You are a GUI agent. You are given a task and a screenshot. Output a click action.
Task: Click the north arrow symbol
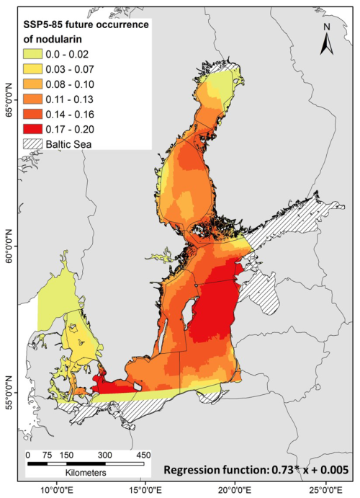(x=326, y=44)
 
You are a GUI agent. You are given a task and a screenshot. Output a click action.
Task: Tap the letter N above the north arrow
(x=327, y=27)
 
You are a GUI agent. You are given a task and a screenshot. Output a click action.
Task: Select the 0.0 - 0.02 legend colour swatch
(x=32, y=54)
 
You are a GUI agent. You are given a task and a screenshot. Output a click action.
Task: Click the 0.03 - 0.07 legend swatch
(x=32, y=69)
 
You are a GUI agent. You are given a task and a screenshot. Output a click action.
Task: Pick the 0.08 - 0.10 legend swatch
(x=32, y=84)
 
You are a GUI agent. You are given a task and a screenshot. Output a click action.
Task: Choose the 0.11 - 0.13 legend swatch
(x=32, y=99)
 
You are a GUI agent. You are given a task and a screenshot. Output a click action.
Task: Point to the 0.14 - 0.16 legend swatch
(x=32, y=114)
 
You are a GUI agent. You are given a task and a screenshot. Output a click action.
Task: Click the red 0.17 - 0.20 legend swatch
(x=32, y=129)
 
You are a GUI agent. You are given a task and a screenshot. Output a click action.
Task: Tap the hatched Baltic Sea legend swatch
(x=32, y=144)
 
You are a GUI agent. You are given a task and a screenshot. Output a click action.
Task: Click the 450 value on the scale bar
(x=143, y=455)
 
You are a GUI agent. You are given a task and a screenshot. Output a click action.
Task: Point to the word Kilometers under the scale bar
(x=86, y=472)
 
